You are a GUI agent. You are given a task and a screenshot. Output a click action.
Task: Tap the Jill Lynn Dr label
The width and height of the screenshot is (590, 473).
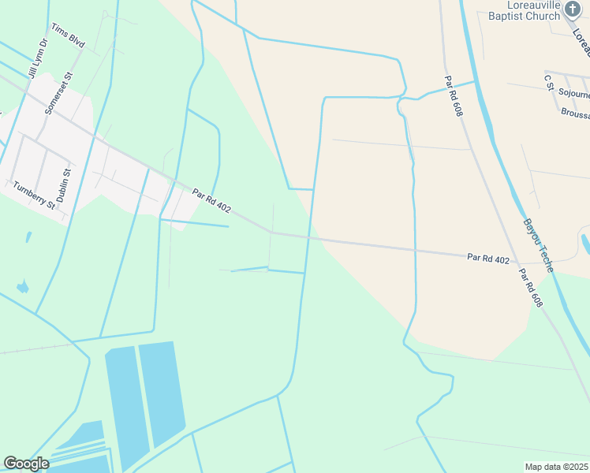(x=38, y=60)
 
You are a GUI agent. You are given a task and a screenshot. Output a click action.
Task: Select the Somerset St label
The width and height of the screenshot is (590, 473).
(x=58, y=94)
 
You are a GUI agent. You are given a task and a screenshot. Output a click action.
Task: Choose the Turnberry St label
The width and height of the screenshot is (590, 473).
(x=34, y=195)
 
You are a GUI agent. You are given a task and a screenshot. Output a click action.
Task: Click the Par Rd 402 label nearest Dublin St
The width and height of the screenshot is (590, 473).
(x=211, y=199)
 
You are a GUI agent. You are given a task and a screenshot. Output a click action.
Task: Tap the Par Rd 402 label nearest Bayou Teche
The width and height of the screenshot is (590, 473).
(x=488, y=258)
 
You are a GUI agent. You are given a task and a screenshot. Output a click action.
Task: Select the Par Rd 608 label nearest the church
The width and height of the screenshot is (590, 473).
(x=452, y=96)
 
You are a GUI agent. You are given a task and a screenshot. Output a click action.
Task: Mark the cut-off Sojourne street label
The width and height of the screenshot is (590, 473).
(x=573, y=92)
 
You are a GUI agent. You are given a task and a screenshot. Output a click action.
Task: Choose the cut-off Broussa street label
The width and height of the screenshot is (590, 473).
(x=575, y=113)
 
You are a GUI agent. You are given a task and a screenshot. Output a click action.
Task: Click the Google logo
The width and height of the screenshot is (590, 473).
(x=26, y=464)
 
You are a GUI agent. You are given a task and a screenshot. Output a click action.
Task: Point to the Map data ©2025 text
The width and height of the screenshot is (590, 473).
(x=557, y=467)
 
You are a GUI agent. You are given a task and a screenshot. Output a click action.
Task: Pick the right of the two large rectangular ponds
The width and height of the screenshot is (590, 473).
(x=162, y=390)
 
